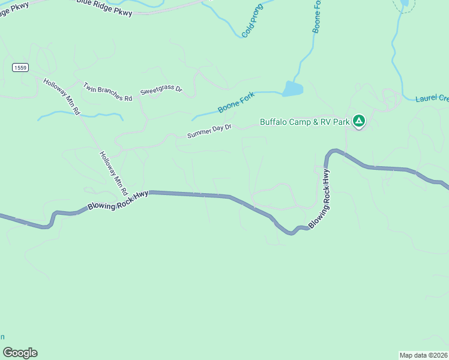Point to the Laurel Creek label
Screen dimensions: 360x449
click(x=432, y=98)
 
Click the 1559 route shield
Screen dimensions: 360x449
click(x=20, y=68)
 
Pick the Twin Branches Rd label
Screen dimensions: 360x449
click(x=107, y=92)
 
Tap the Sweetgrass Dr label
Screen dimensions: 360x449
click(x=161, y=91)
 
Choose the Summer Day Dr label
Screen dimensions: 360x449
click(x=209, y=131)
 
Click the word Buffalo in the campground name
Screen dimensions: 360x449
click(x=274, y=122)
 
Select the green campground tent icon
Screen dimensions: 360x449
click(x=359, y=122)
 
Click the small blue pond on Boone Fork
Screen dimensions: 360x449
click(x=293, y=89)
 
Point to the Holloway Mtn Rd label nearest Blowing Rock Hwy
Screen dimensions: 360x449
click(x=113, y=173)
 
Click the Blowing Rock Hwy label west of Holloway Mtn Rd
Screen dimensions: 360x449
click(x=118, y=199)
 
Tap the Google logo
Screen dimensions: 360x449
click(x=20, y=353)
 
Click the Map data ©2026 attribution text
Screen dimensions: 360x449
click(x=423, y=355)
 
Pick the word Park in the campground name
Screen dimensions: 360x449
click(x=340, y=122)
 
